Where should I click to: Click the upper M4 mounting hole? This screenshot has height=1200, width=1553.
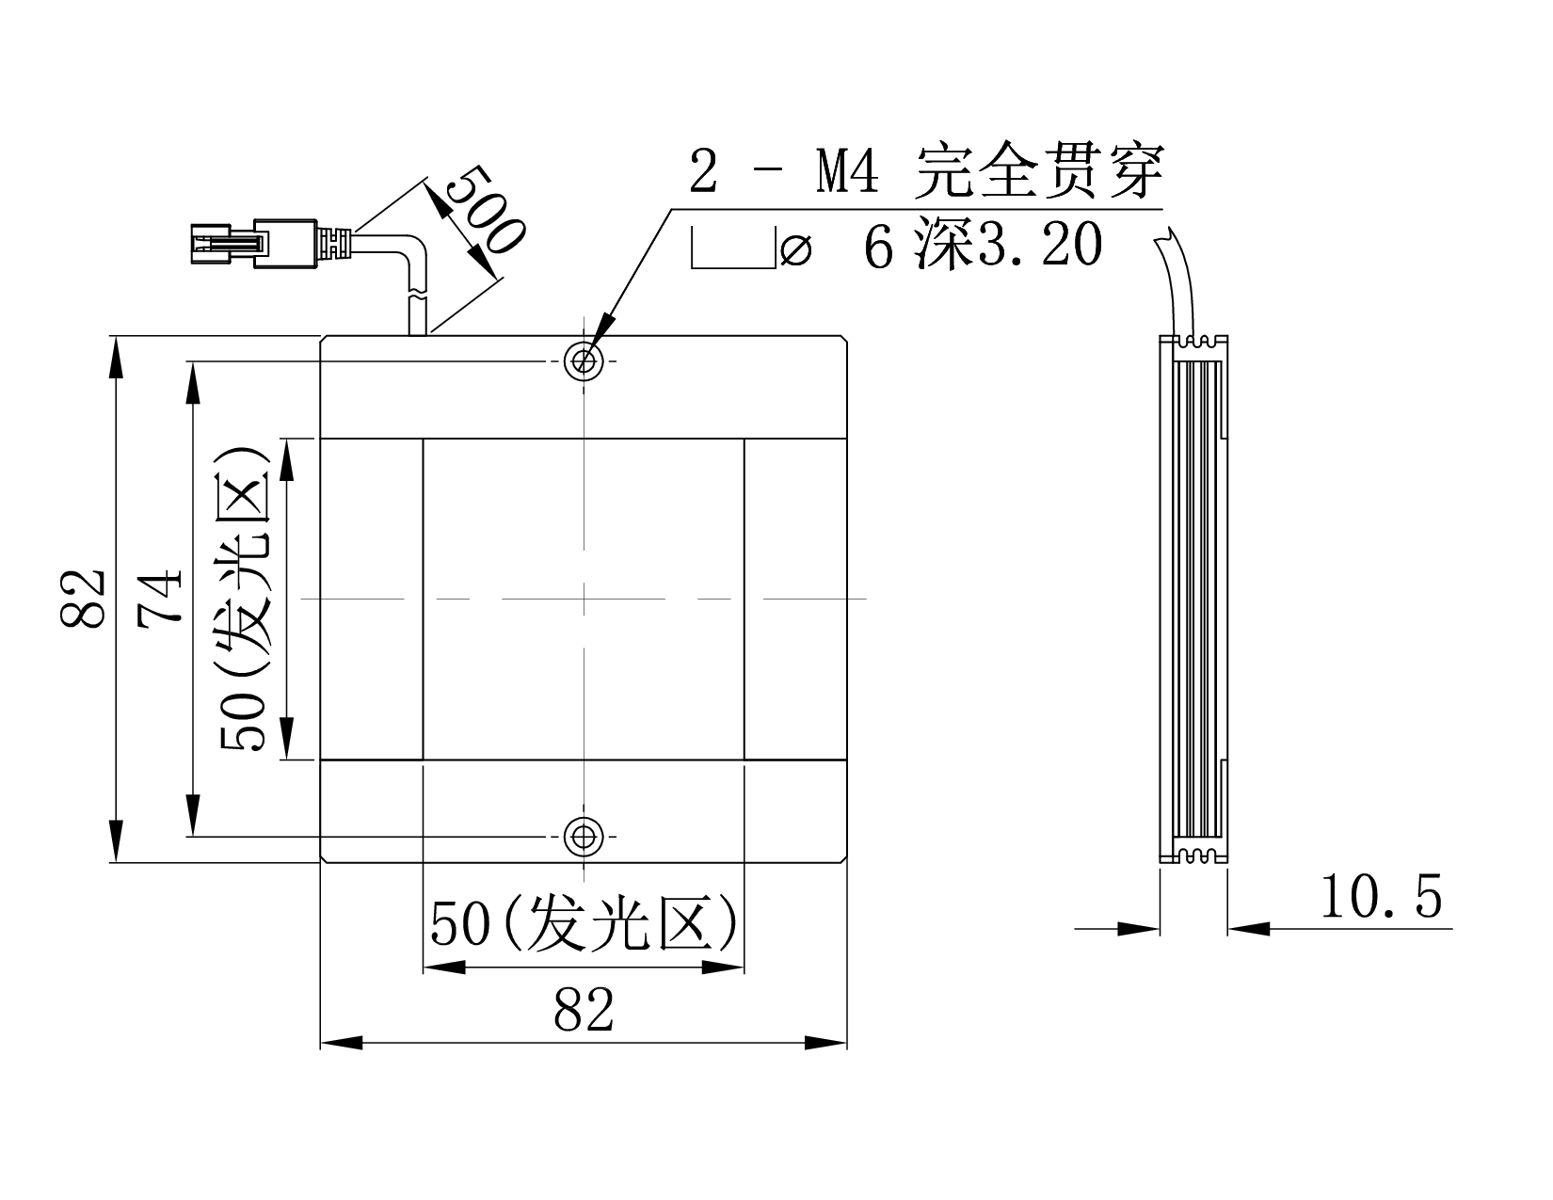(584, 360)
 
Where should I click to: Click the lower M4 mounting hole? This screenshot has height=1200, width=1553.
(584, 836)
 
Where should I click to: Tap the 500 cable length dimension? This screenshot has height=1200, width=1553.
(485, 209)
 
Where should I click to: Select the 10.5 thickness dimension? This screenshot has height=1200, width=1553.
(1380, 897)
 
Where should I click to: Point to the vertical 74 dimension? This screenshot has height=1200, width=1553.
(159, 599)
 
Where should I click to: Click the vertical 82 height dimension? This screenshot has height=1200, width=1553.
(83, 599)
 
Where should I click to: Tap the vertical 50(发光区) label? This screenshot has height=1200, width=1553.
(245, 599)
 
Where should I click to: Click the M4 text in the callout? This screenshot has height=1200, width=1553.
(847, 170)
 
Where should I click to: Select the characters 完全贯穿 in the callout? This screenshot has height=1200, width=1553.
(1040, 170)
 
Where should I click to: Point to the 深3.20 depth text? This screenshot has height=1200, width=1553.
(1009, 245)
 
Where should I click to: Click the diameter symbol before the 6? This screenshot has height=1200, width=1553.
(796, 250)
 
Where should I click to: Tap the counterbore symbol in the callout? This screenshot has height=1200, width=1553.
(733, 248)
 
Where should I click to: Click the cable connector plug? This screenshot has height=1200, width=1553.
(254, 244)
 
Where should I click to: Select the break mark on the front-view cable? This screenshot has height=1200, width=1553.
(417, 294)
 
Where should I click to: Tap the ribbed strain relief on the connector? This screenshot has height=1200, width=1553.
(334, 243)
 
